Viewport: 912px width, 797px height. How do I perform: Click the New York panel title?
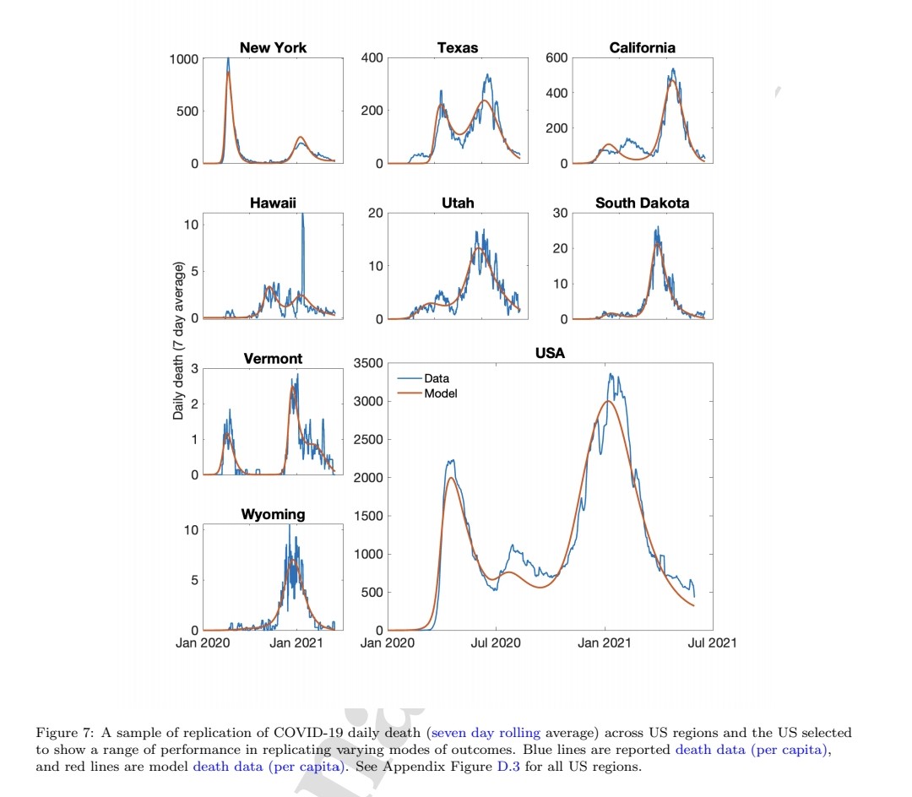point(273,47)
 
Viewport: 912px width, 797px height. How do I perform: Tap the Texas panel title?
point(458,47)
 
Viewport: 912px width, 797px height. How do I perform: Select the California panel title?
point(643,47)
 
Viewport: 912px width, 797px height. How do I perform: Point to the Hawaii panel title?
point(273,203)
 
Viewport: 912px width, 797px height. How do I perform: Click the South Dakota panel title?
point(643,203)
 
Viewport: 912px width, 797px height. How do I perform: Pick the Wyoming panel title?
point(273,514)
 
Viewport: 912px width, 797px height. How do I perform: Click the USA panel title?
point(550,353)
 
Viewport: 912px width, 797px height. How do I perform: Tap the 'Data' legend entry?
point(437,379)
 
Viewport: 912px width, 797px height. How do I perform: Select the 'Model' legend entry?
point(440,393)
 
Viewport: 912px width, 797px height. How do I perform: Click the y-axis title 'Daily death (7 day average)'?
point(178,341)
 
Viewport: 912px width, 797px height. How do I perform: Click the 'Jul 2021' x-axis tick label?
point(711,643)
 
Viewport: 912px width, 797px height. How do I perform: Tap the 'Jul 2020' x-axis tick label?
point(495,643)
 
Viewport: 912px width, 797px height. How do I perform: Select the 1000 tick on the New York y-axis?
point(183,59)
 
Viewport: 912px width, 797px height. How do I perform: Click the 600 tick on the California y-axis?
point(557,58)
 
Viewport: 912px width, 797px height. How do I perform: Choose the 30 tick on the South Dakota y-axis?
point(559,213)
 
